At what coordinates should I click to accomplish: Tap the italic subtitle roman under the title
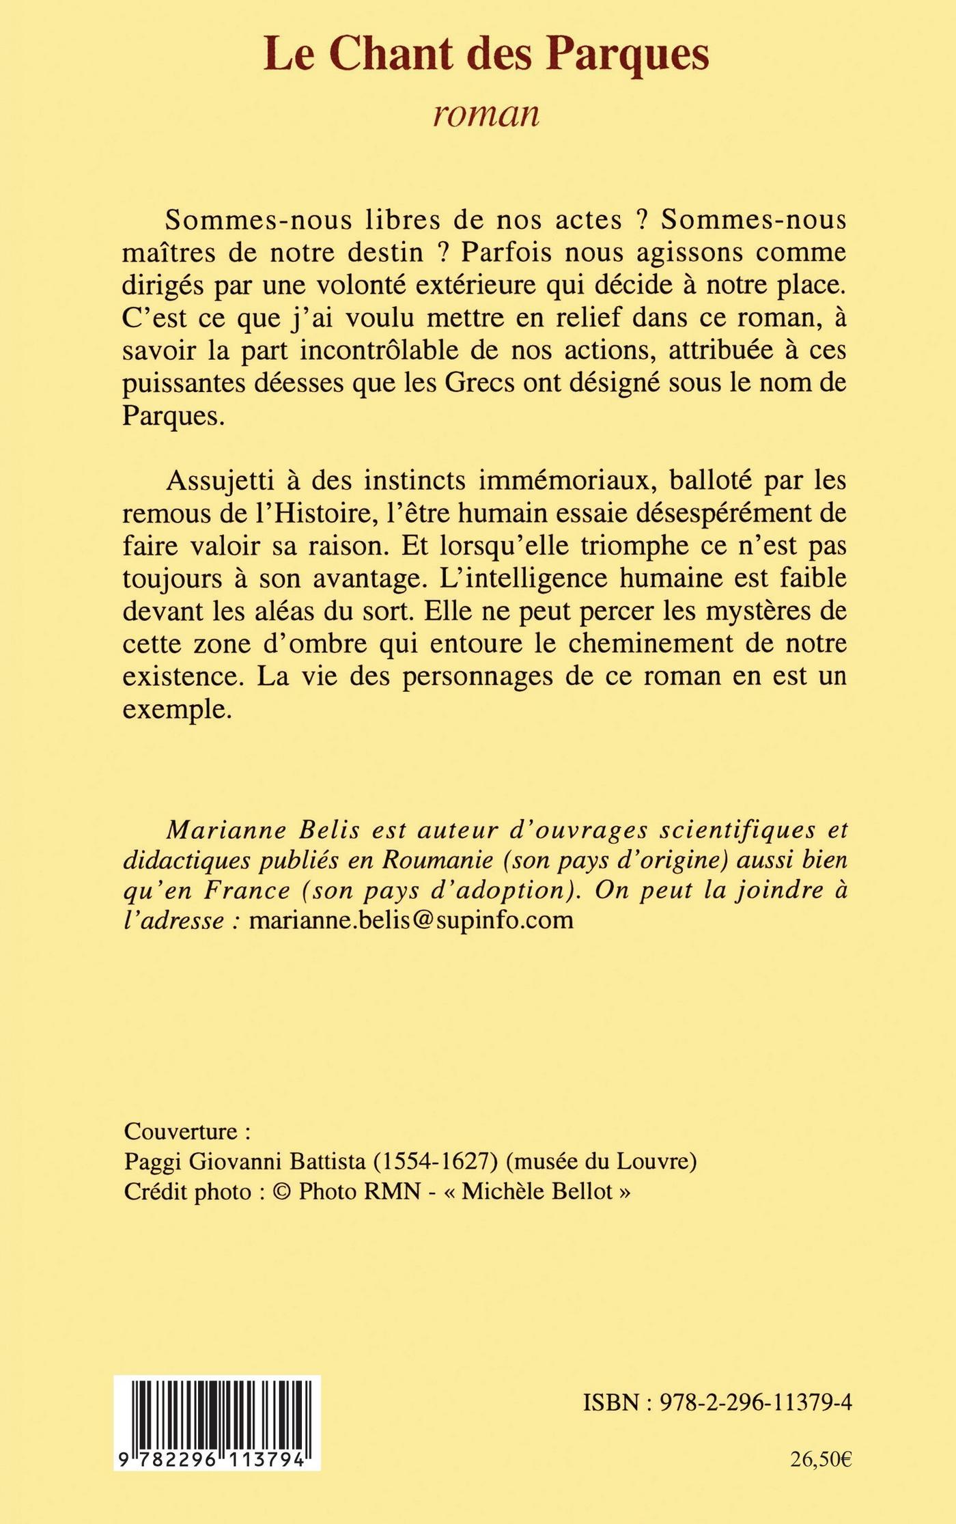point(486,113)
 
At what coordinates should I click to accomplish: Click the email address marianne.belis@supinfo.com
point(411,920)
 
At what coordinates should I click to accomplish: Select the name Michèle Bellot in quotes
point(537,1192)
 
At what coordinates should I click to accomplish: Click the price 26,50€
point(821,1460)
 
